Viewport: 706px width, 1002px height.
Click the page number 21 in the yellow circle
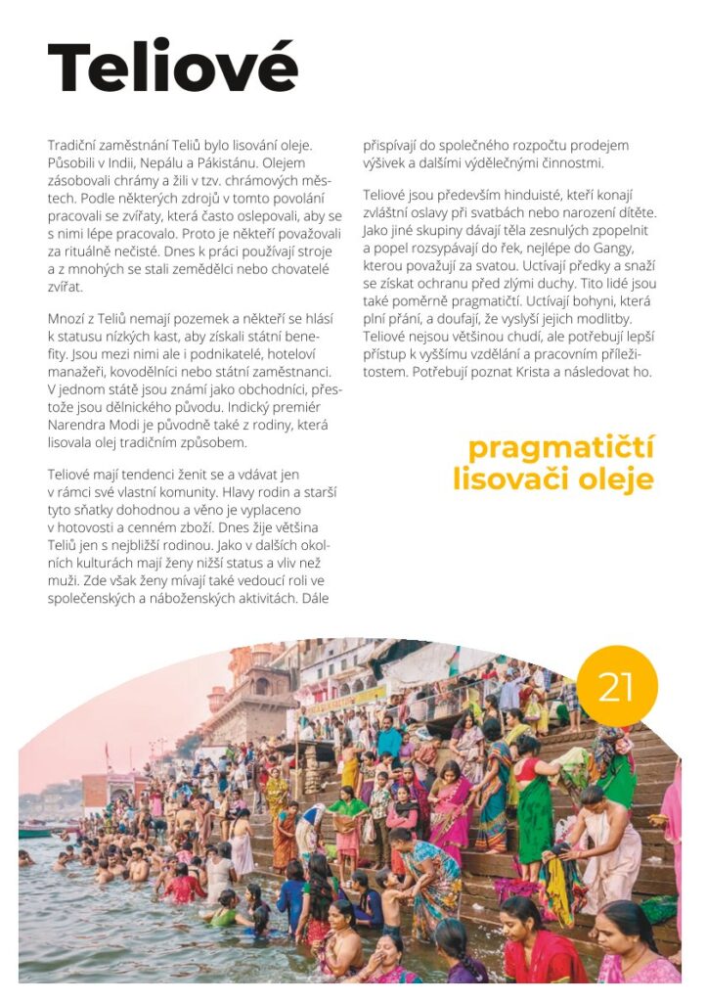point(615,687)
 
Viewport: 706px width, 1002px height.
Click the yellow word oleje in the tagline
point(611,480)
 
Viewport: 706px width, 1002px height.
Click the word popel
point(398,249)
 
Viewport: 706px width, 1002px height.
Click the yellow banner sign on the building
point(346,701)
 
